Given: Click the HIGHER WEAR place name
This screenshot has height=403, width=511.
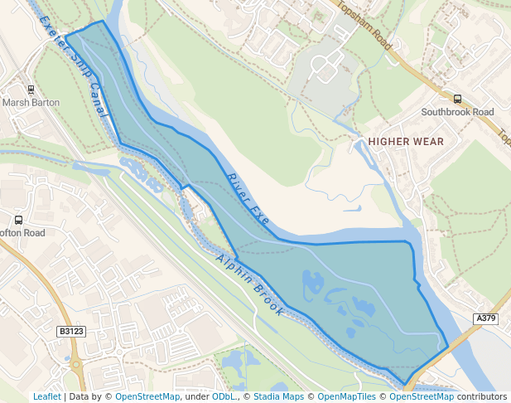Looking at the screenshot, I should [x=406, y=142].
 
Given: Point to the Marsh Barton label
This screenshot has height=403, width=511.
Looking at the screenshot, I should [x=27, y=103].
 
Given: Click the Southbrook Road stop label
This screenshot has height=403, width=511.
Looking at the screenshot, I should [x=457, y=112].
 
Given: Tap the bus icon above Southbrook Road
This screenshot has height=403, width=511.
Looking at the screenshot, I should [x=457, y=99].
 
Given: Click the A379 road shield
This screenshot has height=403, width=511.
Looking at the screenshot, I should [x=487, y=318].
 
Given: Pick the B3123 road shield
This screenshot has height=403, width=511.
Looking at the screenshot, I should [x=71, y=332].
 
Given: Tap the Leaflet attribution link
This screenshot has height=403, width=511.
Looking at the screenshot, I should [x=46, y=397].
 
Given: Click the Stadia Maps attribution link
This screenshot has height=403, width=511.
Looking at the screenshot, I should [x=278, y=397].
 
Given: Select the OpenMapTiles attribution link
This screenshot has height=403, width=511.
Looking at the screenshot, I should [x=341, y=397].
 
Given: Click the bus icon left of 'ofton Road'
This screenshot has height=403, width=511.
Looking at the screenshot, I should [x=18, y=221].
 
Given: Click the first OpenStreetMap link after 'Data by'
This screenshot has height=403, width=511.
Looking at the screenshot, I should [x=147, y=397].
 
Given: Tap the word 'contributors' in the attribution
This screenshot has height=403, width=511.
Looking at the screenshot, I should [x=482, y=397].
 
